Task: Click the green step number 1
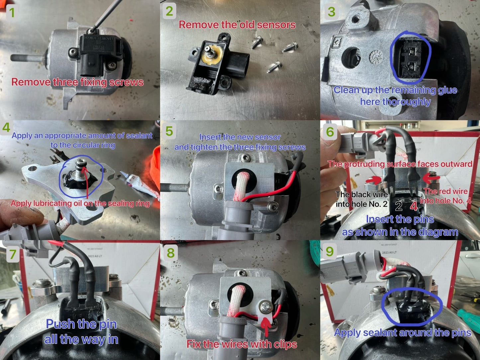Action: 12,13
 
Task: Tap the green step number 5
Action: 169,131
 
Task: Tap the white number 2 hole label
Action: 399,206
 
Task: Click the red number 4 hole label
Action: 414,206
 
